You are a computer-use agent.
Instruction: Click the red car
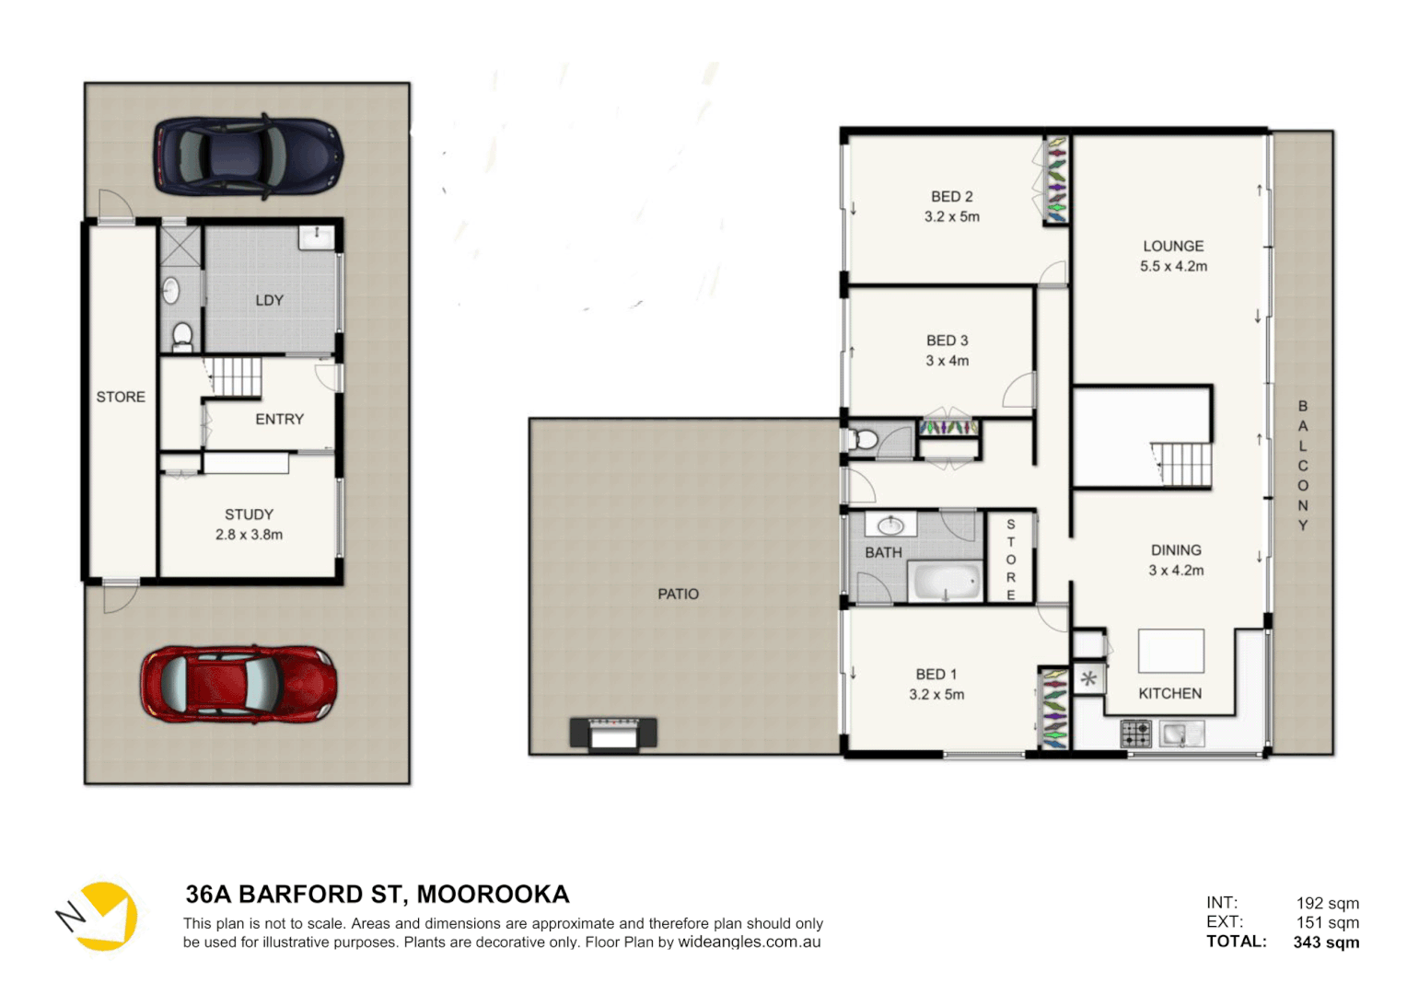pyautogui.click(x=238, y=683)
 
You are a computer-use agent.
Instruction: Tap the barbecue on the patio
pyautogui.click(x=613, y=733)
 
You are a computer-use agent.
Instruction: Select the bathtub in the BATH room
pyautogui.click(x=946, y=583)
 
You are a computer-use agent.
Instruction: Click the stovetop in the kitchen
pyautogui.click(x=1135, y=734)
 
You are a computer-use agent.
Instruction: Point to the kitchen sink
pyautogui.click(x=1180, y=734)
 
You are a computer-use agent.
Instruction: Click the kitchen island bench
pyautogui.click(x=1170, y=651)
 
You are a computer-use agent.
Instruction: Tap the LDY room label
pyautogui.click(x=269, y=300)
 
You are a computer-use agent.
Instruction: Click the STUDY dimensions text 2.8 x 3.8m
pyautogui.click(x=249, y=535)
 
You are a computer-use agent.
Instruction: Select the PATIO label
pyautogui.click(x=678, y=595)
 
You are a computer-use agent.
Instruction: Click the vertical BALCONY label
pyautogui.click(x=1302, y=465)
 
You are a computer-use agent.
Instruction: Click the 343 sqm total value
pyautogui.click(x=1325, y=942)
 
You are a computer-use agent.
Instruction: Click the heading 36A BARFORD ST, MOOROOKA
pyautogui.click(x=378, y=895)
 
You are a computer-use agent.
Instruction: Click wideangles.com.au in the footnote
pyautogui.click(x=749, y=942)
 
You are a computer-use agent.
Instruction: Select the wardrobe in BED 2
pyautogui.click(x=1056, y=181)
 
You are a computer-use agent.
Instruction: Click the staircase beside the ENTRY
pyautogui.click(x=235, y=377)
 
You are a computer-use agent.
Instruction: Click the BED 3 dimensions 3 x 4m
pyautogui.click(x=947, y=361)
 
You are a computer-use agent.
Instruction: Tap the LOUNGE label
pyautogui.click(x=1173, y=246)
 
